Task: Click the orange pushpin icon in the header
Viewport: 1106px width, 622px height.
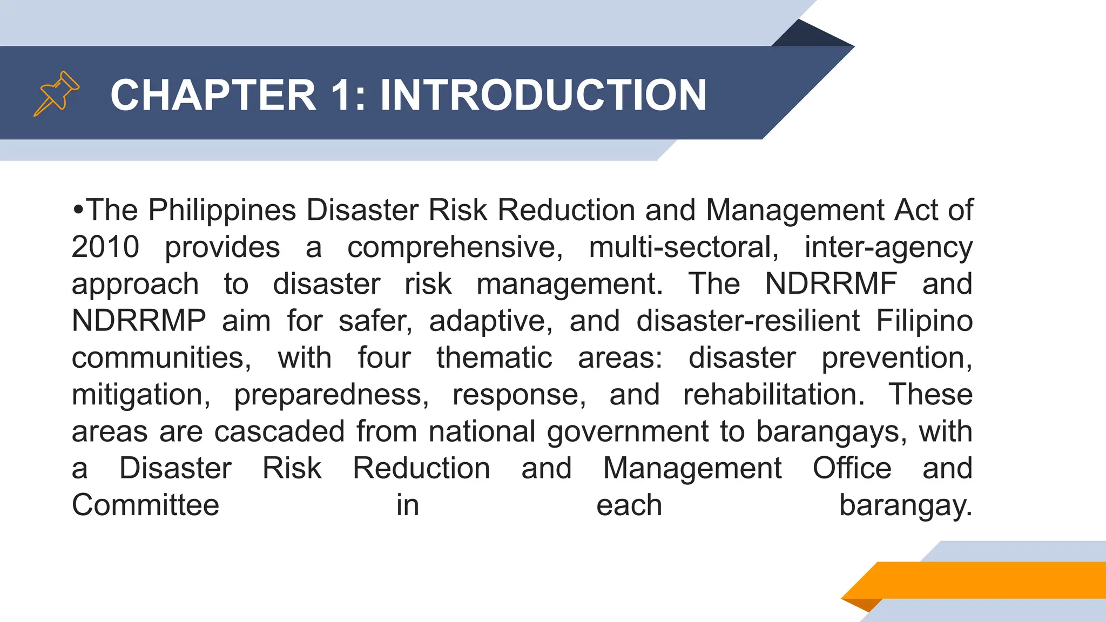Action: coord(56,93)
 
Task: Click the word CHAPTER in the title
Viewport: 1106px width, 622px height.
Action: coord(213,95)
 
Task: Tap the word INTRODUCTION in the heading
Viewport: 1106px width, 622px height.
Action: coord(543,95)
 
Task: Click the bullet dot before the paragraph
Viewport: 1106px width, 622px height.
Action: coord(78,209)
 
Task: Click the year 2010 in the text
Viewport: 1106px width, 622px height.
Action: coord(105,247)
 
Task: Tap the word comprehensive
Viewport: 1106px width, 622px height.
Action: coord(455,247)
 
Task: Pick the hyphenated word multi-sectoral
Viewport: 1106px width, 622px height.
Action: coord(684,247)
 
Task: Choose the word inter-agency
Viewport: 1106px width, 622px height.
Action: coord(888,248)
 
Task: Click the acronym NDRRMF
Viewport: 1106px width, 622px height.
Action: coord(831,283)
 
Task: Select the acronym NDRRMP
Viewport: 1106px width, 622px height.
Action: coord(139,321)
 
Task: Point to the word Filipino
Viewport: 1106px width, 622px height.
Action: coord(924,321)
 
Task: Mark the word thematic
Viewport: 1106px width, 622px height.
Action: coord(494,357)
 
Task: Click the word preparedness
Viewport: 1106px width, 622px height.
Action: coord(331,395)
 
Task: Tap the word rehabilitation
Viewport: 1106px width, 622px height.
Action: coord(773,394)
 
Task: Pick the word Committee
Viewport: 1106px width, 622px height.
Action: coord(146,505)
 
